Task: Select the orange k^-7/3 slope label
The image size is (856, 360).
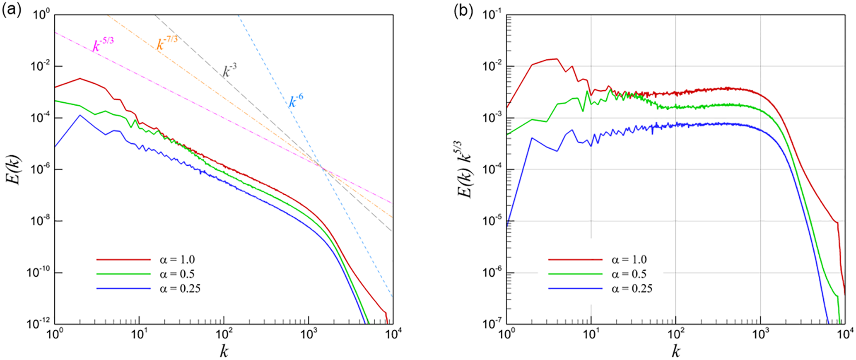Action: pyautogui.click(x=167, y=43)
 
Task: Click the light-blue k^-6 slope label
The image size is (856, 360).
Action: pyautogui.click(x=296, y=100)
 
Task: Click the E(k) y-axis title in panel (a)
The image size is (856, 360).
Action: pyautogui.click(x=15, y=170)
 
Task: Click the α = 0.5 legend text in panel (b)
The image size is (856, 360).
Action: pyautogui.click(x=629, y=274)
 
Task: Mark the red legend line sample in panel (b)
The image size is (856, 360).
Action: pyautogui.click(x=575, y=260)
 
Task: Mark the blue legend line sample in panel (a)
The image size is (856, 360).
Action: pyautogui.click(x=123, y=288)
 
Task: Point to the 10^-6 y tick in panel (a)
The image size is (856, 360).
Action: pyautogui.click(x=40, y=169)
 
